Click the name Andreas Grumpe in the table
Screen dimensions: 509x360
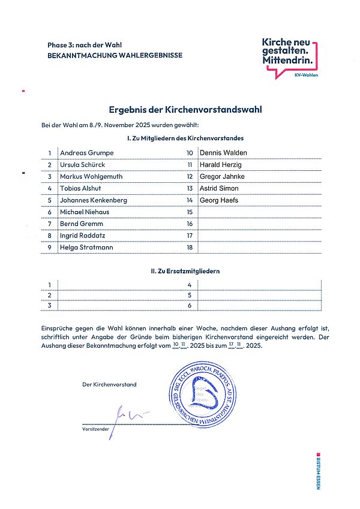[86, 153]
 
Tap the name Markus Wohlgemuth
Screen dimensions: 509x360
[91, 176]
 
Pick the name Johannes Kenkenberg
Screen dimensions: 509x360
[93, 200]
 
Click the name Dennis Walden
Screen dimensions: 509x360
[223, 153]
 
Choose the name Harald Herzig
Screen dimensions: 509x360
[221, 164]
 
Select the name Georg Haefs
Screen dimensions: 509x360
[219, 200]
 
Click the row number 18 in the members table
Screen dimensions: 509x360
[190, 247]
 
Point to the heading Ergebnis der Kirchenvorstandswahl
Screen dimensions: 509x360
[185, 110]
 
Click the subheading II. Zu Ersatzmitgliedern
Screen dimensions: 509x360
[185, 271]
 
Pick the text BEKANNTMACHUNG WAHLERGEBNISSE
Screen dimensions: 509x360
[115, 55]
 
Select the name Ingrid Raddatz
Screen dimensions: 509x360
[85, 236]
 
